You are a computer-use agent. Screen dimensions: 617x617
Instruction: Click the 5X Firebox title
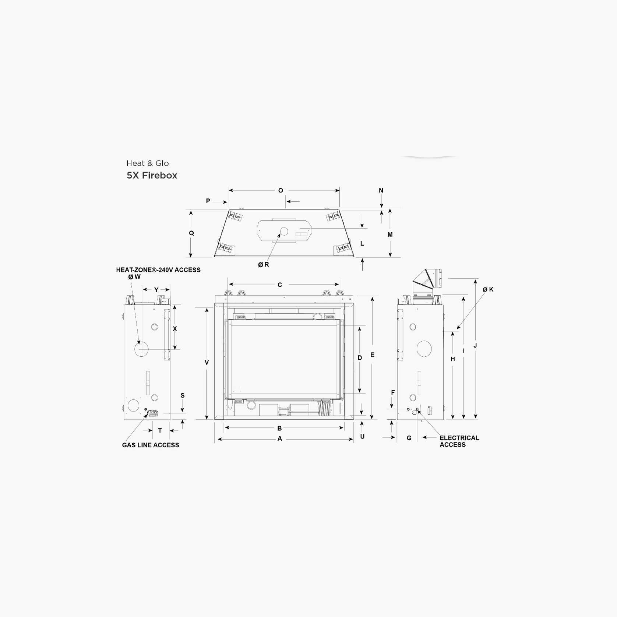click(152, 175)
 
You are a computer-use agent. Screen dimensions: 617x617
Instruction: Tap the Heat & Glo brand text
click(147, 163)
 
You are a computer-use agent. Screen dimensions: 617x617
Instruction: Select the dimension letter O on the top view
click(281, 190)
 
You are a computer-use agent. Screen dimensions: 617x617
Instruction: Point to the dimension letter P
click(208, 201)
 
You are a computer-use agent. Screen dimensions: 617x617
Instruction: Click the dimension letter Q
click(191, 233)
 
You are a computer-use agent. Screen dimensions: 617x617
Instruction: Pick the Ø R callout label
click(264, 264)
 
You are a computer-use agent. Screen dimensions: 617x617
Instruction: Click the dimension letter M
click(390, 235)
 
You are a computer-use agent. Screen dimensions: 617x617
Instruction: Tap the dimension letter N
click(381, 190)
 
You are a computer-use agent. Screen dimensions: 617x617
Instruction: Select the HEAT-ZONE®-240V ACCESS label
click(158, 270)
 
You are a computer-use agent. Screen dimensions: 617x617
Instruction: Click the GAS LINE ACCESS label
click(151, 445)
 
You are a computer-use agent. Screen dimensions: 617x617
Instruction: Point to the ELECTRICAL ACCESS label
click(459, 441)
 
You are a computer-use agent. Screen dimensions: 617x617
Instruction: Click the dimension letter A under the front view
click(280, 438)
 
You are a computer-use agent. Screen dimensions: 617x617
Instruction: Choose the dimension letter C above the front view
click(280, 285)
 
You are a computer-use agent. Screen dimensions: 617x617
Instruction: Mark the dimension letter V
click(207, 363)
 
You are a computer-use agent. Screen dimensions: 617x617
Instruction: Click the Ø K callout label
click(488, 289)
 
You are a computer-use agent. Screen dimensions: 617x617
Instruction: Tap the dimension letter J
click(475, 346)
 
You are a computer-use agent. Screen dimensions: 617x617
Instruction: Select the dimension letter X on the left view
click(175, 329)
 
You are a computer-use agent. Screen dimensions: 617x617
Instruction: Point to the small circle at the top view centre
click(284, 231)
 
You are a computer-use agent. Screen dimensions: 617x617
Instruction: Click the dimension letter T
click(160, 430)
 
